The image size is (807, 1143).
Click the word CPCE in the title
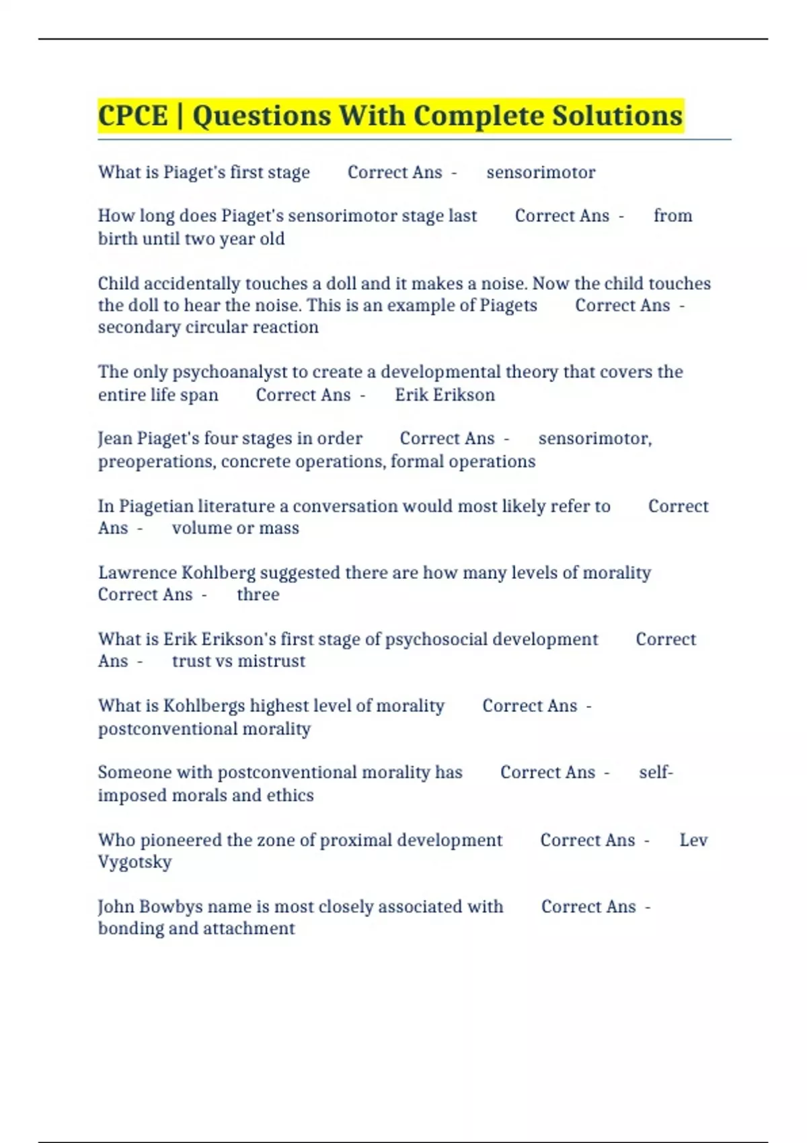[x=132, y=116]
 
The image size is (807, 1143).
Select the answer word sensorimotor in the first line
[x=541, y=173]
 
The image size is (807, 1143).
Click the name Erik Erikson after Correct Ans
[x=445, y=395]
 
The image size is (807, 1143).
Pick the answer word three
[x=258, y=594]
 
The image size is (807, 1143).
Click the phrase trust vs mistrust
[x=238, y=661]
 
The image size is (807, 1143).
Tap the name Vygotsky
[x=134, y=862]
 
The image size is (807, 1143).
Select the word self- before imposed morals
[x=656, y=772]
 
